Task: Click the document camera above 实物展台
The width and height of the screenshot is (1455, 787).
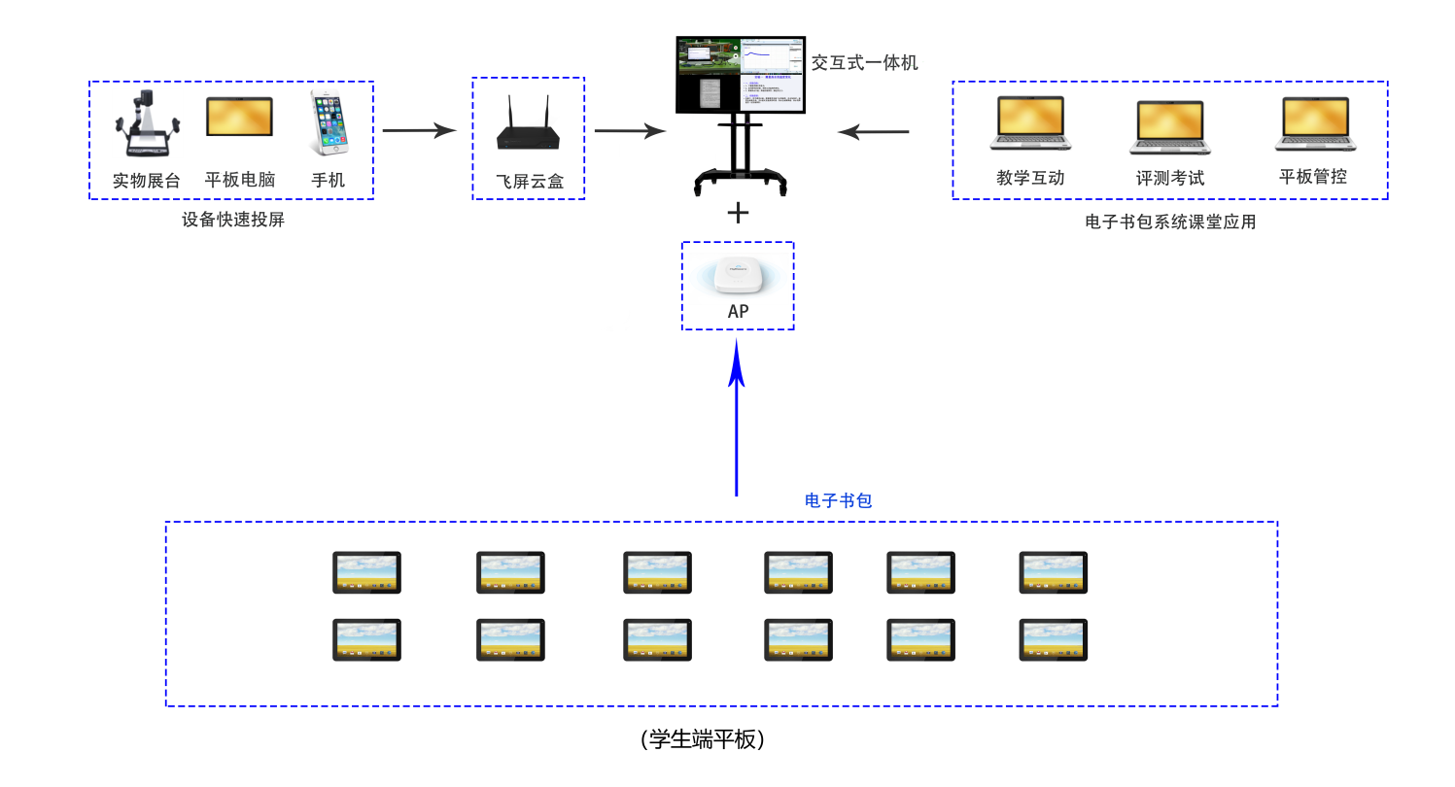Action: click(147, 123)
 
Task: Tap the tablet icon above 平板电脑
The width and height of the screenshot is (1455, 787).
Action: click(239, 117)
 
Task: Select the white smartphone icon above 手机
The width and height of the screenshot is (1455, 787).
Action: click(329, 121)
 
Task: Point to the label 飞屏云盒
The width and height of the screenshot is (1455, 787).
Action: click(529, 182)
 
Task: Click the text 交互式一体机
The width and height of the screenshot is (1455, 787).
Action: click(864, 63)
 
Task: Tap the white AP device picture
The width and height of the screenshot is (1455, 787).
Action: click(738, 278)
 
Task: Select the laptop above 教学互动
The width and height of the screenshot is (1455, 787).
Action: click(1030, 122)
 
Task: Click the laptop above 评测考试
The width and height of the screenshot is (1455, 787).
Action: click(1170, 126)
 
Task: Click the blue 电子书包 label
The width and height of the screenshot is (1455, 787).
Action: click(838, 500)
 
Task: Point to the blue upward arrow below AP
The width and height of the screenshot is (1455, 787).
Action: click(737, 418)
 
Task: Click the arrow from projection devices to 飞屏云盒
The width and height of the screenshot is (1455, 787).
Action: click(420, 130)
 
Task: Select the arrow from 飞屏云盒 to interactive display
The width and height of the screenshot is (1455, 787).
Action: click(631, 130)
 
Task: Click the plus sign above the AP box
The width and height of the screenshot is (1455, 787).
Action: click(739, 213)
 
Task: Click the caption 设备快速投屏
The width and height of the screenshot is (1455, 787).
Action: click(233, 220)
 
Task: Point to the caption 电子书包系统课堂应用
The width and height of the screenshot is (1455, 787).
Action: click(1170, 222)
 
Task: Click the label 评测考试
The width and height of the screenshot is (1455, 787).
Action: click(1170, 179)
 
